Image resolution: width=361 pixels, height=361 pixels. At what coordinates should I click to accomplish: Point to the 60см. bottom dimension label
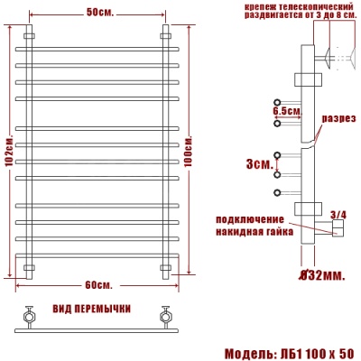click(x=97, y=285)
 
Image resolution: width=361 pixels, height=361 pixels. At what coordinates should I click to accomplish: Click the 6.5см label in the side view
click(x=285, y=111)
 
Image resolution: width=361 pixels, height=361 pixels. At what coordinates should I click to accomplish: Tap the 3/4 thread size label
click(x=338, y=214)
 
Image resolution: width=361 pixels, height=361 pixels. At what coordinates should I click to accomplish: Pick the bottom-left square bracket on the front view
click(x=28, y=268)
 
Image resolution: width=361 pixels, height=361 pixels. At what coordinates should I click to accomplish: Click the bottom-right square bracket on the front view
click(x=165, y=268)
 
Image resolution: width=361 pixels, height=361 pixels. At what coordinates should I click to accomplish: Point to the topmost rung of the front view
click(x=97, y=48)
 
